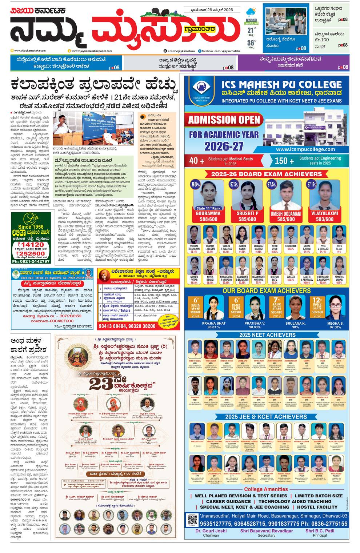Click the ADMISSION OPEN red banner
(224, 120)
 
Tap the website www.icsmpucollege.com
(305, 149)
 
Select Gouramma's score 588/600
(208, 219)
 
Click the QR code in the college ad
(192, 520)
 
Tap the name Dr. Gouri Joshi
(211, 531)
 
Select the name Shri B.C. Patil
(319, 531)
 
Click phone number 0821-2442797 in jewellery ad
(31, 261)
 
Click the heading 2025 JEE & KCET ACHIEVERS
(266, 417)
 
